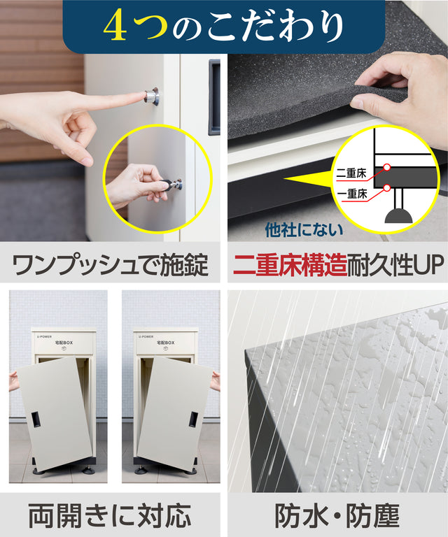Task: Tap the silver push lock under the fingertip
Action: pyautogui.click(x=152, y=96)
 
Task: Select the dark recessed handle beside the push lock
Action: pyautogui.click(x=214, y=97)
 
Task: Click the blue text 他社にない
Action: pyautogui.click(x=304, y=230)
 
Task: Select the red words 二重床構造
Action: pyautogui.click(x=290, y=265)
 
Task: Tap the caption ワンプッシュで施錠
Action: pyautogui.click(x=110, y=265)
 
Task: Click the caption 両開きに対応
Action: pyautogui.click(x=109, y=515)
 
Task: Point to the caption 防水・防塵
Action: pyautogui.click(x=337, y=515)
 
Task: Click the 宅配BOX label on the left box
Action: pyautogui.click(x=64, y=343)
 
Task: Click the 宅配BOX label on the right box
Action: pyautogui.click(x=166, y=343)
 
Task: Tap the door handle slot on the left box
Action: pyautogui.click(x=36, y=420)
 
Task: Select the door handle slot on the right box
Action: pyautogui.click(x=193, y=420)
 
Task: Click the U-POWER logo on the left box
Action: pyautogui.click(x=45, y=336)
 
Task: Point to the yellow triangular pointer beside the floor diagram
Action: pyautogui.click(x=309, y=179)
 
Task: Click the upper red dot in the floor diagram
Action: pyautogui.click(x=387, y=167)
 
